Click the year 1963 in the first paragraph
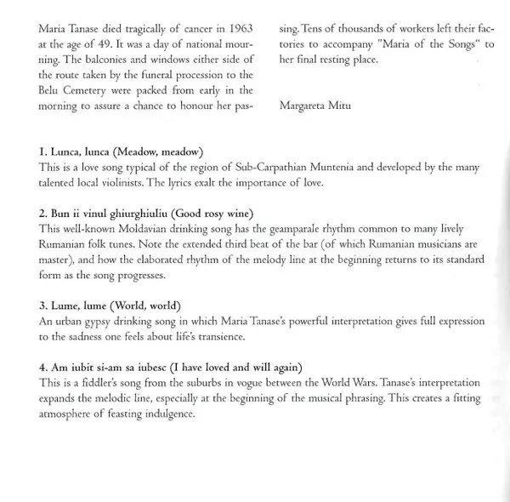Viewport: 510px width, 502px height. tap(237, 28)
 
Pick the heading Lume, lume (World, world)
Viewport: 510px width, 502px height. tap(110, 304)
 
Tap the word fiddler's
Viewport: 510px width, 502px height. tap(101, 383)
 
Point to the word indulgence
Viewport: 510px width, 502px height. tap(166, 414)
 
